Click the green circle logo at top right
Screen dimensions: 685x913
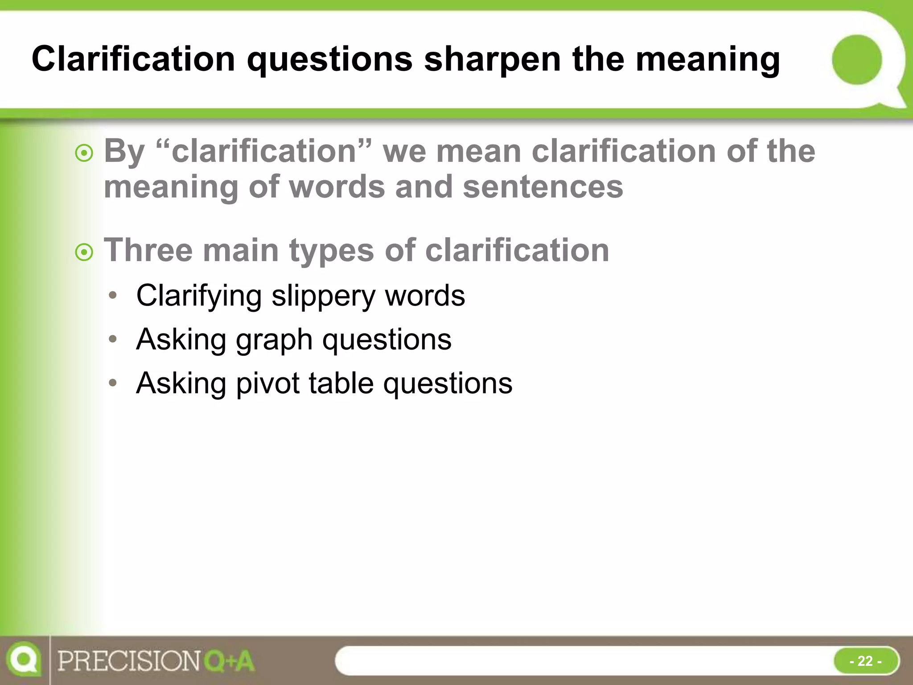pyautogui.click(x=857, y=60)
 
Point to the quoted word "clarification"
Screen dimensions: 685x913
pyautogui.click(x=264, y=151)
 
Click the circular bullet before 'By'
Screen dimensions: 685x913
pyautogui.click(x=84, y=154)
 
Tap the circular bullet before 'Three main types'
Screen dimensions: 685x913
pyautogui.click(x=84, y=252)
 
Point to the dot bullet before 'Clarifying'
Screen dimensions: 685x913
pyautogui.click(x=113, y=295)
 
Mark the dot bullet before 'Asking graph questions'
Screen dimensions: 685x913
pyautogui.click(x=113, y=339)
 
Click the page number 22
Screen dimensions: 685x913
pyautogui.click(x=865, y=660)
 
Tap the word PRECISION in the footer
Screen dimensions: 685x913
pyautogui.click(x=129, y=661)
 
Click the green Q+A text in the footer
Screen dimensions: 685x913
pyautogui.click(x=229, y=661)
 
